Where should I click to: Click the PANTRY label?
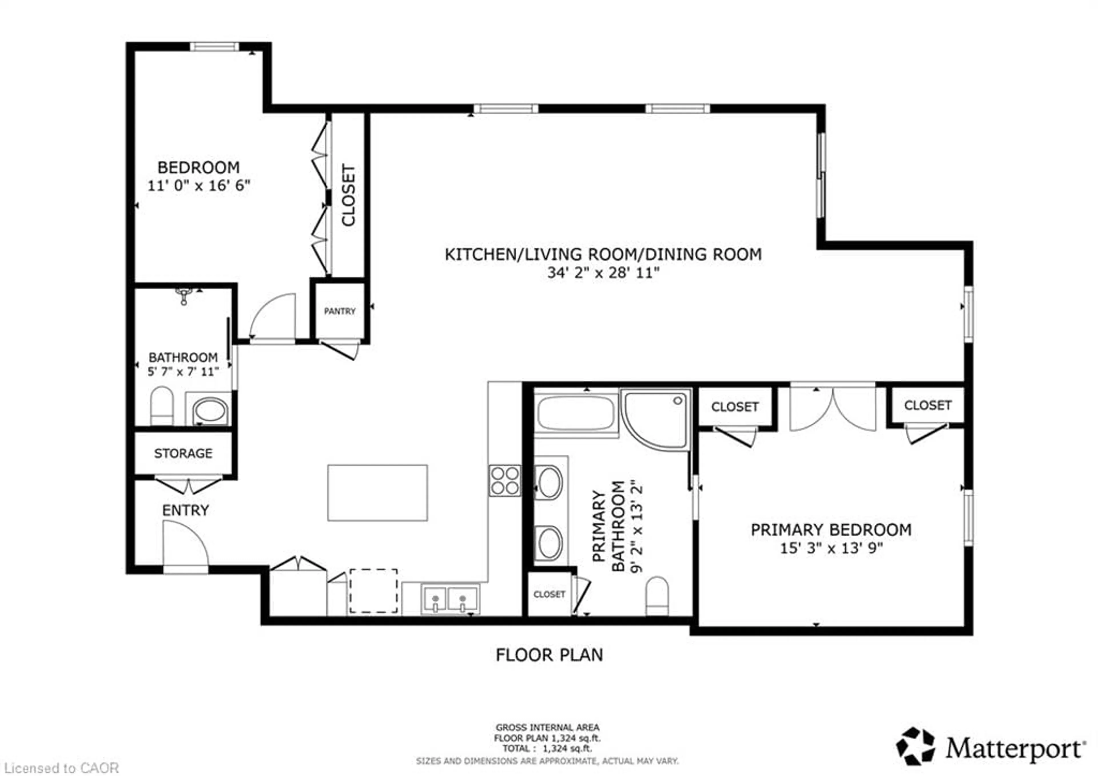click(339, 311)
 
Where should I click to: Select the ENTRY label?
click(186, 510)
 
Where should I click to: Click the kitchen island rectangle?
click(377, 493)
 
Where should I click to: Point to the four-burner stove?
click(504, 481)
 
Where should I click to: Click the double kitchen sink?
click(449, 599)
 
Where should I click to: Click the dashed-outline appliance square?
click(373, 591)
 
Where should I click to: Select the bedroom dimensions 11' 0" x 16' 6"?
click(198, 186)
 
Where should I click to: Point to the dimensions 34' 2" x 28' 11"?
click(603, 273)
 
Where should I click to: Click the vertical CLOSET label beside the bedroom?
click(348, 195)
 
